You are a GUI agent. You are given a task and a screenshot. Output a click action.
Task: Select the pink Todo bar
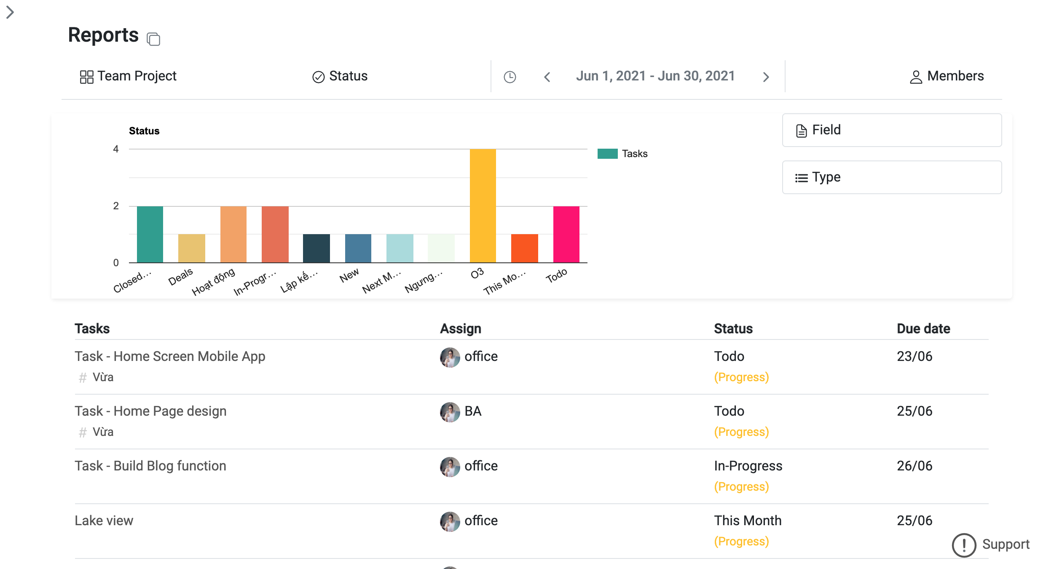[566, 234]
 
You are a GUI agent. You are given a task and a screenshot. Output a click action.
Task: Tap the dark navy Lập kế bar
[316, 248]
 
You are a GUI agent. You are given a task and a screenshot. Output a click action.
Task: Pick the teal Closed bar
[150, 234]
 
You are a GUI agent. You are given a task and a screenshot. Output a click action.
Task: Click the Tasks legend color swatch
[607, 154]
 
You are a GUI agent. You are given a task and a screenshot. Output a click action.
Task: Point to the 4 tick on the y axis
[116, 149]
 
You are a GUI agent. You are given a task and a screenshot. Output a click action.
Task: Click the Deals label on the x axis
[180, 277]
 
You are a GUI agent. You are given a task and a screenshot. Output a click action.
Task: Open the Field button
[891, 130]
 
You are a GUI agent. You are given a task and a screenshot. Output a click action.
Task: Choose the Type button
[891, 177]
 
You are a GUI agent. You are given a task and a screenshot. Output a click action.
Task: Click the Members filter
[947, 76]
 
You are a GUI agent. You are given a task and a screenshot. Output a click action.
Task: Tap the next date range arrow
[766, 77]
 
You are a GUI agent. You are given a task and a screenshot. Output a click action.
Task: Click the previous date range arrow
[547, 77]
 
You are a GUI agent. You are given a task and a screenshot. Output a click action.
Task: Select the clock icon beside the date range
[510, 77]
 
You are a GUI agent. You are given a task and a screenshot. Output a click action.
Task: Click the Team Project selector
[129, 76]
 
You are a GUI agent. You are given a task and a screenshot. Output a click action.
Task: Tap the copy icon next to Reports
[153, 39]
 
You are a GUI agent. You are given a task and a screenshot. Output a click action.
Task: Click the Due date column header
[923, 329]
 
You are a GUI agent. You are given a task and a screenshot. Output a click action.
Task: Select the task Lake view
[104, 521]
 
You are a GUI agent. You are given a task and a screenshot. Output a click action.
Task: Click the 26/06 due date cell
[914, 466]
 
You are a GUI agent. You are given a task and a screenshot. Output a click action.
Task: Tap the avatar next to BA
[450, 412]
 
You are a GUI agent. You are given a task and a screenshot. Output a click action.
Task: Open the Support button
[990, 545]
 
